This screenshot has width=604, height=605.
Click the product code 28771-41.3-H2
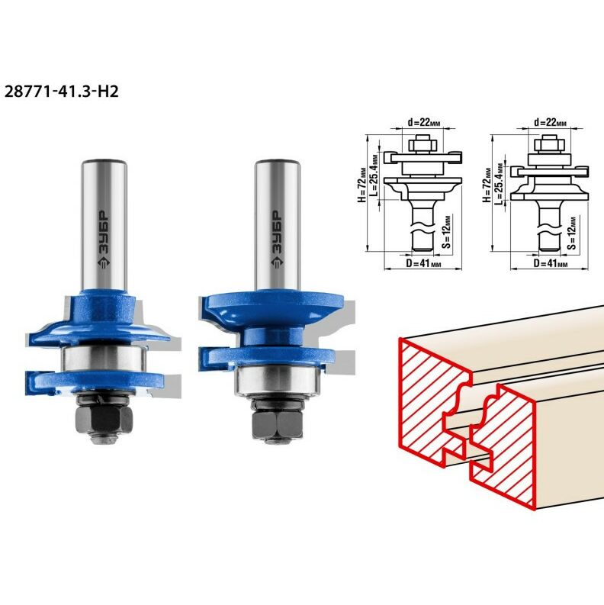61,92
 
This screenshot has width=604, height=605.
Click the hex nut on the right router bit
278,424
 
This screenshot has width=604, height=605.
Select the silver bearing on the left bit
104,359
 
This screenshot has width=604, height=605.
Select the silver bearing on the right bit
277,381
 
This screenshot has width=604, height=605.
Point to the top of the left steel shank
104,162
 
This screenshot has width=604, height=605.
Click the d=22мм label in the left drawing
424,122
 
